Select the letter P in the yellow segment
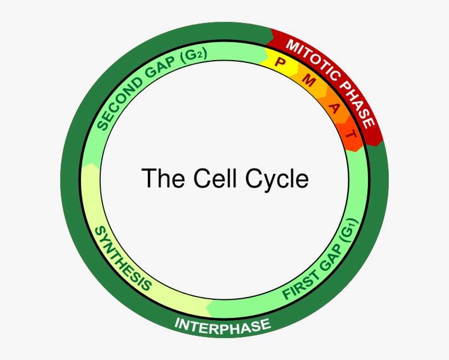tap(280, 61)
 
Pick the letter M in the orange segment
tap(309, 82)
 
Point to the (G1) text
tap(348, 230)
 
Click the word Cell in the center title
tap(209, 179)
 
